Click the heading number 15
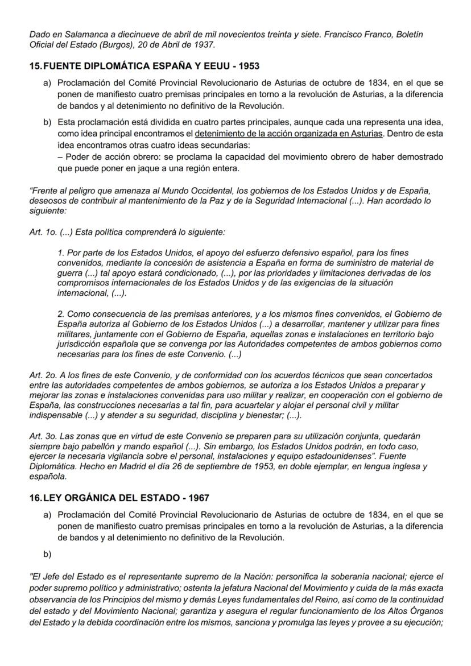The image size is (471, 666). click(x=35, y=66)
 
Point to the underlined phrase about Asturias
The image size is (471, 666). click(x=288, y=133)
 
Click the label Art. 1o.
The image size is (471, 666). click(x=43, y=232)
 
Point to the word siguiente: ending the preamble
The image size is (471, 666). click(x=48, y=210)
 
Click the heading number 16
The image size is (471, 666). click(x=35, y=498)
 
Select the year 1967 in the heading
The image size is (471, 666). click(x=197, y=498)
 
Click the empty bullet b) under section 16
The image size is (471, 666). click(x=47, y=554)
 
